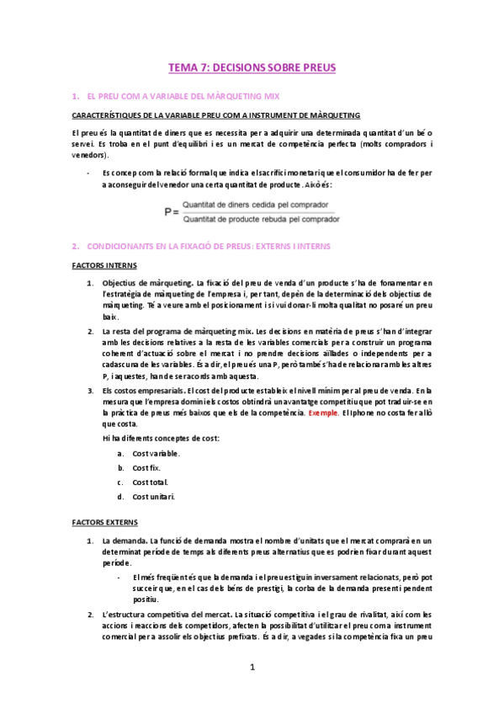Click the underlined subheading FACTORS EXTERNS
(100, 522)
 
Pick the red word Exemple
(325, 413)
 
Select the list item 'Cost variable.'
(156, 453)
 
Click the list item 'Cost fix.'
(147, 467)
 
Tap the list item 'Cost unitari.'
(154, 496)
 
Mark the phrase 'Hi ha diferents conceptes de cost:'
(160, 439)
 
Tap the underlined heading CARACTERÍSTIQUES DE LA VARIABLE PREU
(216, 115)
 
